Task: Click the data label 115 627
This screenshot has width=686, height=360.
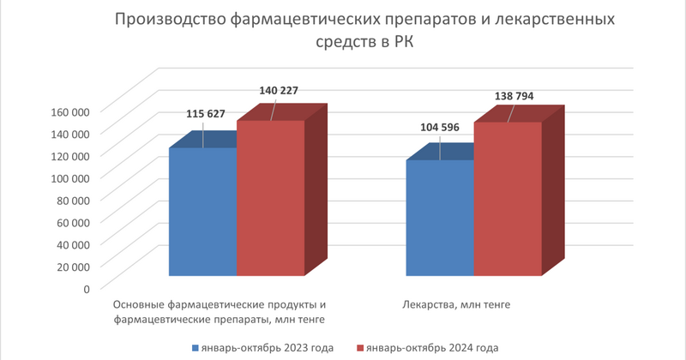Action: (x=206, y=114)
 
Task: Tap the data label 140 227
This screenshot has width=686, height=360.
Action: (x=279, y=91)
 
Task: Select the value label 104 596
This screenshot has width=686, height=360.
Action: (x=440, y=128)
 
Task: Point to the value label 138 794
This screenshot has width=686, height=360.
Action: (x=514, y=96)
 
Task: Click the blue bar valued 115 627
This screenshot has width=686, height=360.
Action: (x=202, y=212)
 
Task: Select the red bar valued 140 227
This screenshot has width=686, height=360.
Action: (x=270, y=198)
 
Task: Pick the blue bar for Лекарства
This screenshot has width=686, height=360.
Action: (x=440, y=218)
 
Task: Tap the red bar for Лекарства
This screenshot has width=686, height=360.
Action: (x=508, y=199)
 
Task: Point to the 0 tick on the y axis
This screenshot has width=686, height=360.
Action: (x=87, y=289)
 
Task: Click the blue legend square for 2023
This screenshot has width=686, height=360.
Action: (x=196, y=348)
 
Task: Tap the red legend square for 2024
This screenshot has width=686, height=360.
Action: (x=360, y=348)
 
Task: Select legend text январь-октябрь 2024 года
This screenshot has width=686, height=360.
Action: (x=432, y=348)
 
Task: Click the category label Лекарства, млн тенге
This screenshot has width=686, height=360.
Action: (x=456, y=304)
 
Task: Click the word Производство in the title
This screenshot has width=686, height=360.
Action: (x=170, y=20)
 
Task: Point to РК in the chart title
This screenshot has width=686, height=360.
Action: (x=402, y=42)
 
